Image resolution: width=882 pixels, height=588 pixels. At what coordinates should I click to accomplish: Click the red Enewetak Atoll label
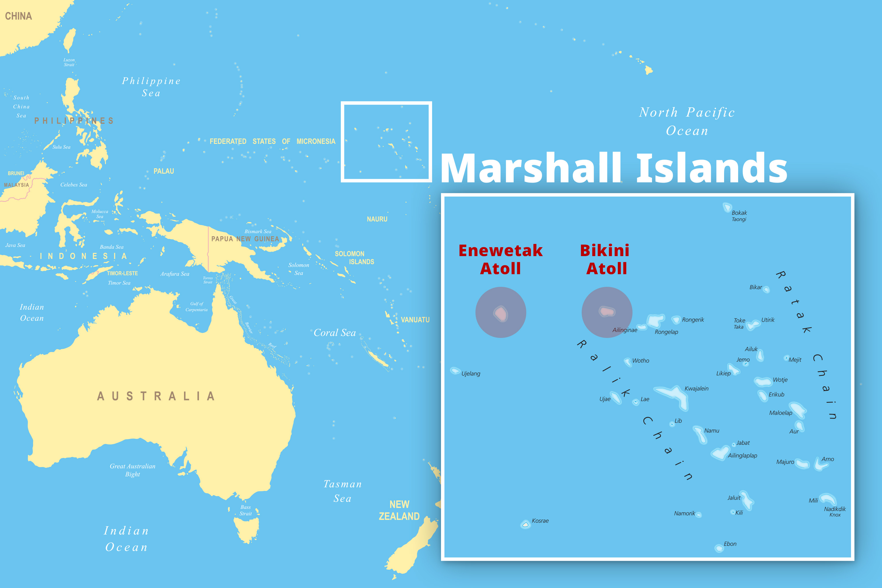501,260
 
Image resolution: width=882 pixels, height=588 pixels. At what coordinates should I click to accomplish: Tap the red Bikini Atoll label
605,260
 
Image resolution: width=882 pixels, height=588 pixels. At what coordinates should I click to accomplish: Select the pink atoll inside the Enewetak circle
501,313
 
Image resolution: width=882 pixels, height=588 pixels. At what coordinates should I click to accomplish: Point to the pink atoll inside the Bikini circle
606,311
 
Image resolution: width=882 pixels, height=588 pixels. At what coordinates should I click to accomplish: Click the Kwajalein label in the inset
696,388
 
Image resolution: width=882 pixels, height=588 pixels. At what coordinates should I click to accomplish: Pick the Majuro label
785,462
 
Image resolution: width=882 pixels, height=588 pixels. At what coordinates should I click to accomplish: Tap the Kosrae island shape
525,524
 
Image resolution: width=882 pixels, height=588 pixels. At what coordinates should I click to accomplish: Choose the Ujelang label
471,374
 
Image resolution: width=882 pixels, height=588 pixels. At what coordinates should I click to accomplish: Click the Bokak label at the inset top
739,213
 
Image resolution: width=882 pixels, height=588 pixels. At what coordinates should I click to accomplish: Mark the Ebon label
730,544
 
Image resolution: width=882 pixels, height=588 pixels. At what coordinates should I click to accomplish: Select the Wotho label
641,361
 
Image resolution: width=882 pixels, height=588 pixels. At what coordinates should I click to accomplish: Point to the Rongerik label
693,320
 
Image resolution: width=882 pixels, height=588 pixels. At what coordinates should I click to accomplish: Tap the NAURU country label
377,219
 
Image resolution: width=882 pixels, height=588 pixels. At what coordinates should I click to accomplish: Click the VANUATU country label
415,320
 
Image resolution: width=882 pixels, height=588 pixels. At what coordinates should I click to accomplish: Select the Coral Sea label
334,333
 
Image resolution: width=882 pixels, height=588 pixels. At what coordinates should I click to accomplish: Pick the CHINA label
18,16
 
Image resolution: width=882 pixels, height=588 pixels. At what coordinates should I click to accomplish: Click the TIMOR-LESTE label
122,273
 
